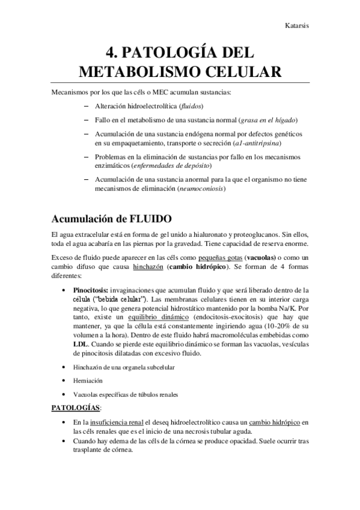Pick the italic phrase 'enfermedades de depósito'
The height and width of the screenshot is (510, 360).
tap(180, 165)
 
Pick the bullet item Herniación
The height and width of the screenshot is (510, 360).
tap(89, 381)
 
